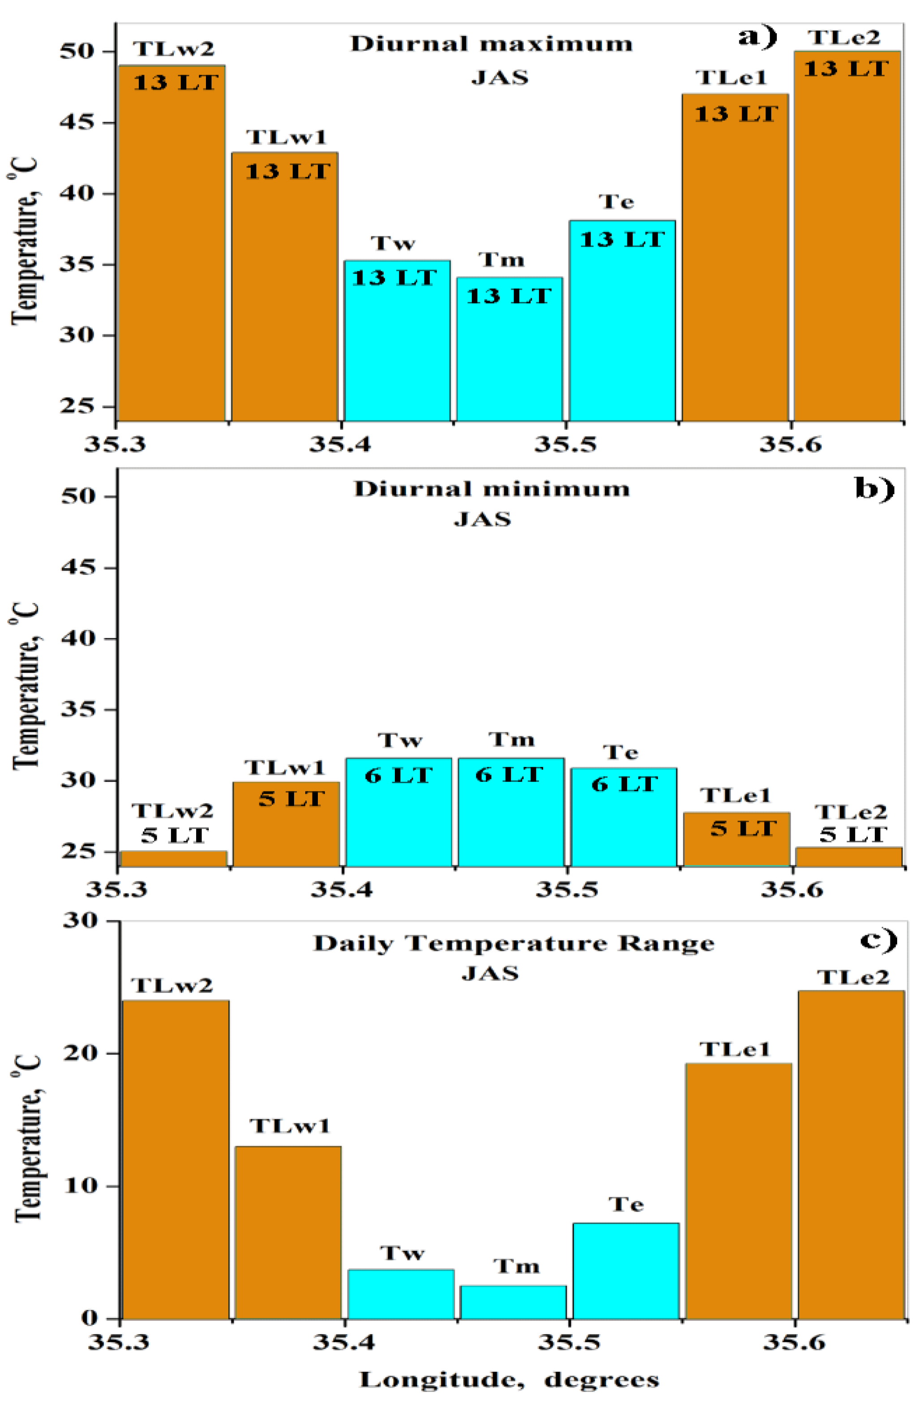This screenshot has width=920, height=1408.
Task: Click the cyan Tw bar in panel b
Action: (398, 822)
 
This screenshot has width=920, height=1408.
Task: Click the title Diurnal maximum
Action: (492, 44)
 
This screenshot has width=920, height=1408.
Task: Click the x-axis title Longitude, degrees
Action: (509, 1380)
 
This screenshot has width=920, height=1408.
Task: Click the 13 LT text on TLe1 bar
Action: (736, 114)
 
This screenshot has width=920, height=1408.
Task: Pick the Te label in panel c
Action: (626, 1204)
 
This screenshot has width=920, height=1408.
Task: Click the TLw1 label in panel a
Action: (287, 137)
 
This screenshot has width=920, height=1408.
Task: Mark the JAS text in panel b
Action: (483, 519)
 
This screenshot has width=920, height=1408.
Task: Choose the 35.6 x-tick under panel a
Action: (791, 444)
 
